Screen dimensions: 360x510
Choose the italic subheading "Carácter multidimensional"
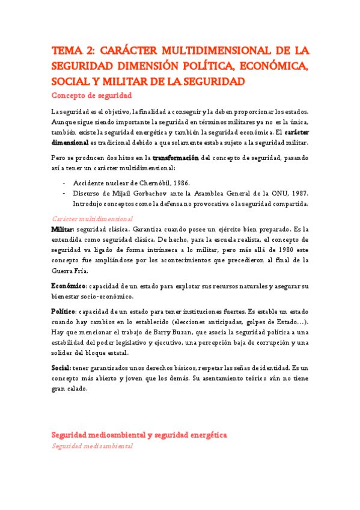[93, 220]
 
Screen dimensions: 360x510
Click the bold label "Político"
[63, 312]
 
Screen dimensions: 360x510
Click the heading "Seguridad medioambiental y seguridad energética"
[139, 434]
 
